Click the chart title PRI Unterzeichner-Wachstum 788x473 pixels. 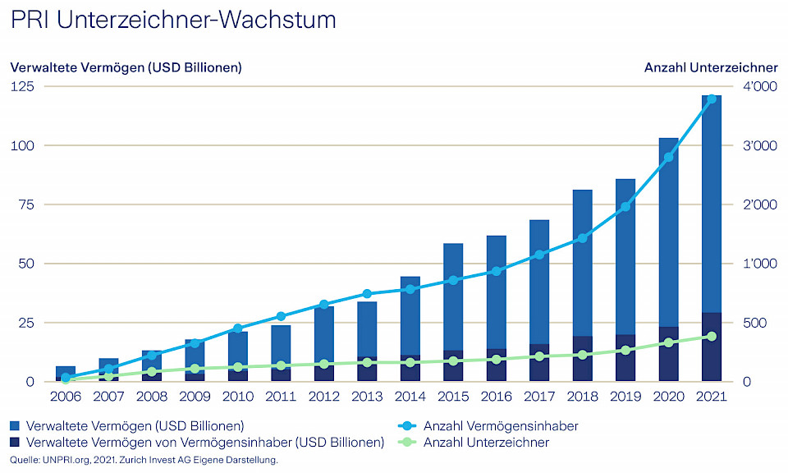click(x=172, y=21)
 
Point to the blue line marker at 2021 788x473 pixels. click(x=712, y=99)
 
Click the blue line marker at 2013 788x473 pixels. click(x=367, y=294)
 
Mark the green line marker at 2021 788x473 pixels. click(x=712, y=336)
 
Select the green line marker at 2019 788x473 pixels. click(x=625, y=350)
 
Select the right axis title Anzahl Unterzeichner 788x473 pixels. click(x=711, y=67)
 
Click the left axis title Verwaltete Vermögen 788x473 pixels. click(x=126, y=67)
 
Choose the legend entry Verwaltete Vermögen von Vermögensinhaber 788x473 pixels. click(x=197, y=443)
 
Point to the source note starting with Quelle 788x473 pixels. click(x=144, y=460)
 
